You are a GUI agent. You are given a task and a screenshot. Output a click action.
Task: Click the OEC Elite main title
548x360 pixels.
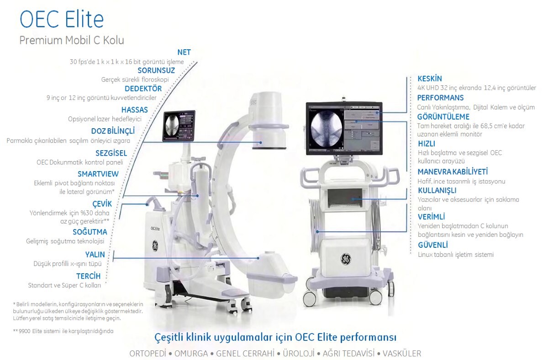(x=62, y=19)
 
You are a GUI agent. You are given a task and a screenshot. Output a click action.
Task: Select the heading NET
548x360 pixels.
(x=184, y=52)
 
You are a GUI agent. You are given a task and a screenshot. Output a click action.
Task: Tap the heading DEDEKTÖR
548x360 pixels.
(x=143, y=89)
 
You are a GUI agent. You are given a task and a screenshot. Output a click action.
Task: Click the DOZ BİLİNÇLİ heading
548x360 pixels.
(x=113, y=131)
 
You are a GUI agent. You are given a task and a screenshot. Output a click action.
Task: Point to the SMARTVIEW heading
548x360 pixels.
(x=98, y=174)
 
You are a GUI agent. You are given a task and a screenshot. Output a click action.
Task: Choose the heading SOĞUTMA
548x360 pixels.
(x=90, y=231)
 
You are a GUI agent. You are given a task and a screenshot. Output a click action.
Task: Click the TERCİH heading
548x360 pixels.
(x=88, y=276)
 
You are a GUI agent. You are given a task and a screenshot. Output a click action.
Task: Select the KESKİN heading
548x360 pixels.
(x=430, y=78)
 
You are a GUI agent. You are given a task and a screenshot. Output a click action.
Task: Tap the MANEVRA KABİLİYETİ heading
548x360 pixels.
(x=453, y=172)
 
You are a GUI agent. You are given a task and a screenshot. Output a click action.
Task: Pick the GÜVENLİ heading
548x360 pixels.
(x=433, y=245)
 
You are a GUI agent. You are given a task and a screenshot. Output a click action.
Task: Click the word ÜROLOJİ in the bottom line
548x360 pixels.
(x=299, y=354)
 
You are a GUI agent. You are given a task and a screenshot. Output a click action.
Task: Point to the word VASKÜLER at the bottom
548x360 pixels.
(x=402, y=354)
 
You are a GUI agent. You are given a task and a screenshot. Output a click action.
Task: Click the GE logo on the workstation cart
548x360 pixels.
(x=346, y=259)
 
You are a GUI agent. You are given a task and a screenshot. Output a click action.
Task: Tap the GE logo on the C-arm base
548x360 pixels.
(x=155, y=245)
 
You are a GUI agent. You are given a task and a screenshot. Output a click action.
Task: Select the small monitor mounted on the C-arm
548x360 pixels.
(x=179, y=126)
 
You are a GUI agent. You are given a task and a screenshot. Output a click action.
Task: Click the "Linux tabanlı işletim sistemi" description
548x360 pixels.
(x=456, y=255)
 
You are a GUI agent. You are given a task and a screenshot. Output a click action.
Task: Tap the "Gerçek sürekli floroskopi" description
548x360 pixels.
(x=135, y=80)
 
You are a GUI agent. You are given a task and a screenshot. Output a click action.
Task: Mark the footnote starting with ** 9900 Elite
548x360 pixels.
(x=63, y=331)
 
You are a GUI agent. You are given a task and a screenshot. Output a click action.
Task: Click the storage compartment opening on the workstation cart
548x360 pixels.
(x=344, y=198)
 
